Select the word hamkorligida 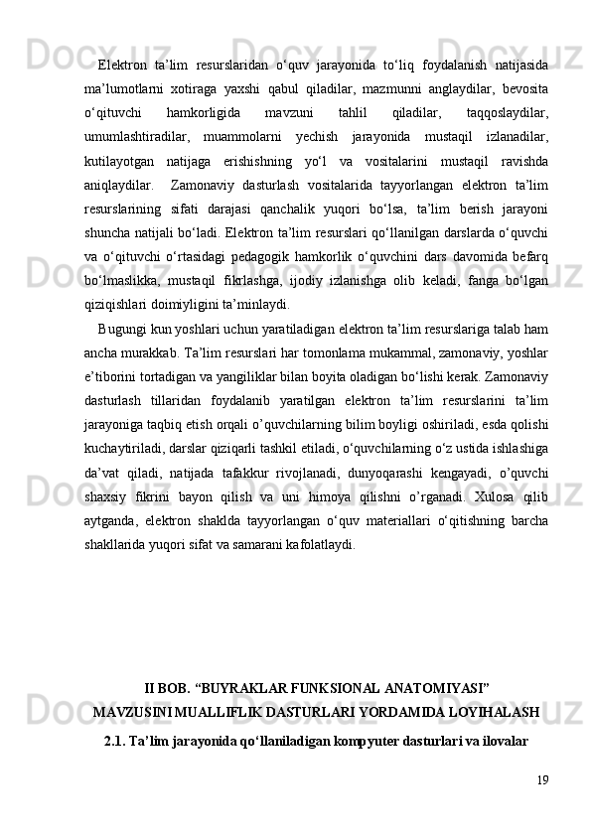click(206, 112)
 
